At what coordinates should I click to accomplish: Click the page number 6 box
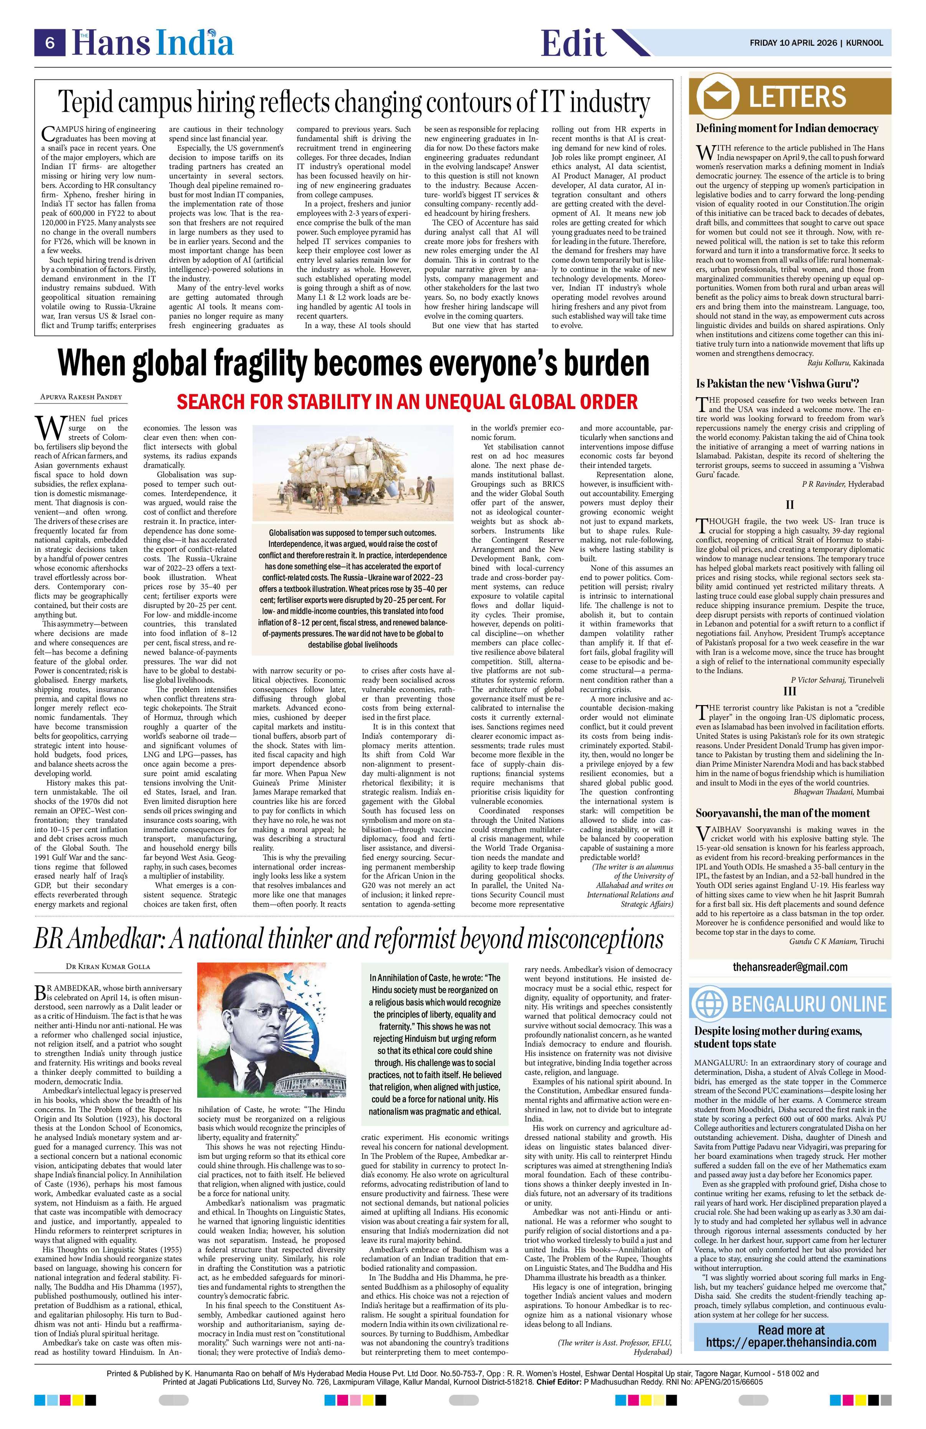coord(50,43)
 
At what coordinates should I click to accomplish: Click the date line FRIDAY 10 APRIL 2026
coord(793,43)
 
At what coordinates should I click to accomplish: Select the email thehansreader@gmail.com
coord(790,966)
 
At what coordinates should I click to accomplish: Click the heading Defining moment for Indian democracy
coord(787,128)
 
